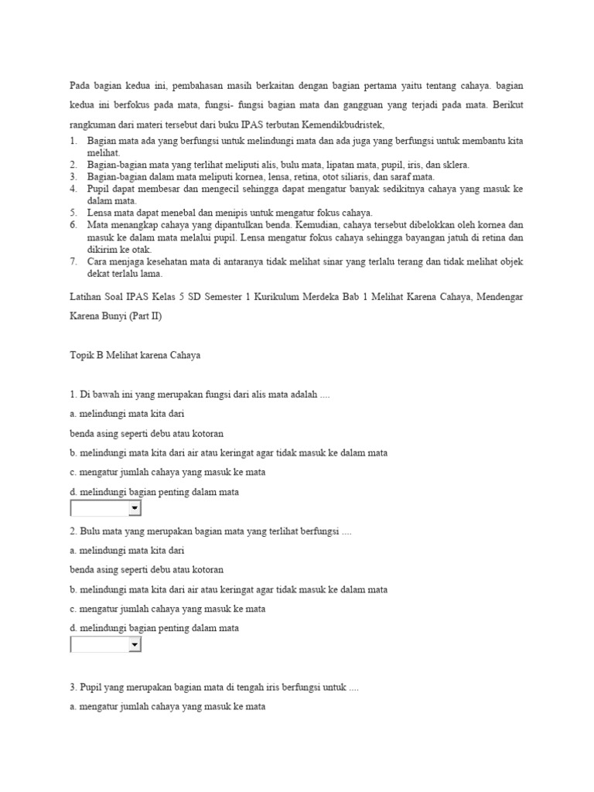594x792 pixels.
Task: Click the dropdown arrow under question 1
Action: click(135, 508)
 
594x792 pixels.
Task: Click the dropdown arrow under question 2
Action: click(135, 644)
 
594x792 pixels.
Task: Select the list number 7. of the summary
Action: click(73, 261)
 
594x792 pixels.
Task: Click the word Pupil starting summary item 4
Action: click(99, 188)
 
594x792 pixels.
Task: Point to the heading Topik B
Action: click(89, 355)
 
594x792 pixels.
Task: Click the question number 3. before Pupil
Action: click(73, 687)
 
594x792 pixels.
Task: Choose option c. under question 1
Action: click(73, 473)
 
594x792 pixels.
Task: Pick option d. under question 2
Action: click(73, 628)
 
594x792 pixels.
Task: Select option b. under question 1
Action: click(73, 452)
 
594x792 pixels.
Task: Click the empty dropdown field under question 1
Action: click(99, 508)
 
